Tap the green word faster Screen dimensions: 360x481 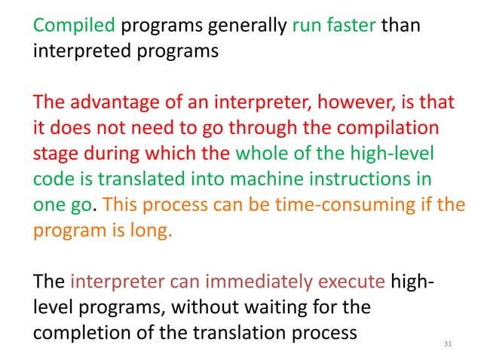click(349, 26)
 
